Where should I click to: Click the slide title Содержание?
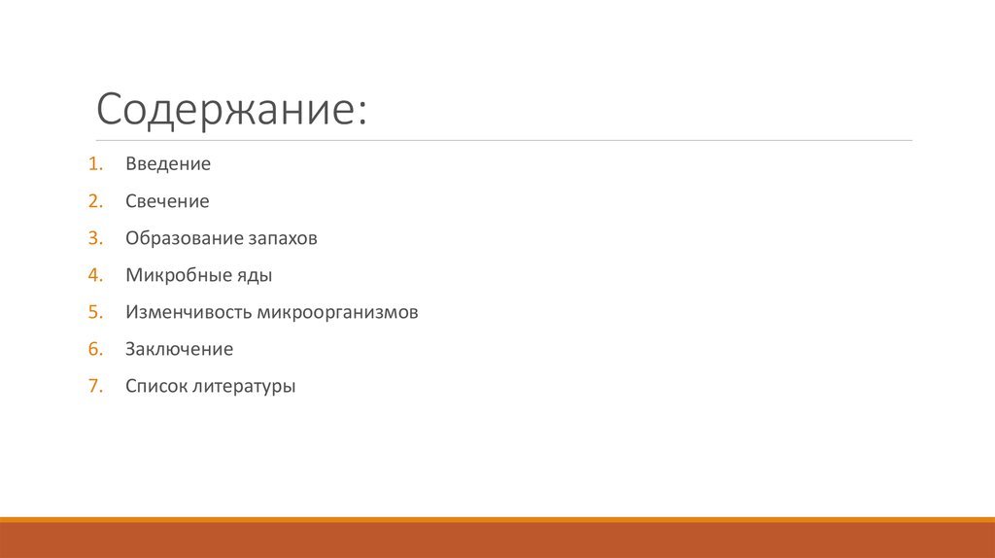[x=231, y=110]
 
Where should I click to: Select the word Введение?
[x=168, y=164]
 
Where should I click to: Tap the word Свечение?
[x=167, y=201]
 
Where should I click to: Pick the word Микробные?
[x=175, y=275]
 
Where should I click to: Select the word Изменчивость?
[x=189, y=312]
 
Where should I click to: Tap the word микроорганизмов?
[x=338, y=313]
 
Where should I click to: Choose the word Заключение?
[x=179, y=349]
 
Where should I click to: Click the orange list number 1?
[x=93, y=164]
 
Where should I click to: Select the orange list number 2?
[x=93, y=201]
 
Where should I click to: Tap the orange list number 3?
[x=93, y=238]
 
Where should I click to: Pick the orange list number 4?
[x=93, y=275]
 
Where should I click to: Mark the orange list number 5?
[x=93, y=312]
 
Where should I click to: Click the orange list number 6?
[x=93, y=349]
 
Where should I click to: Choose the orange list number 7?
[x=93, y=386]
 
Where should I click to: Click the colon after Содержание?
[x=362, y=116]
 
